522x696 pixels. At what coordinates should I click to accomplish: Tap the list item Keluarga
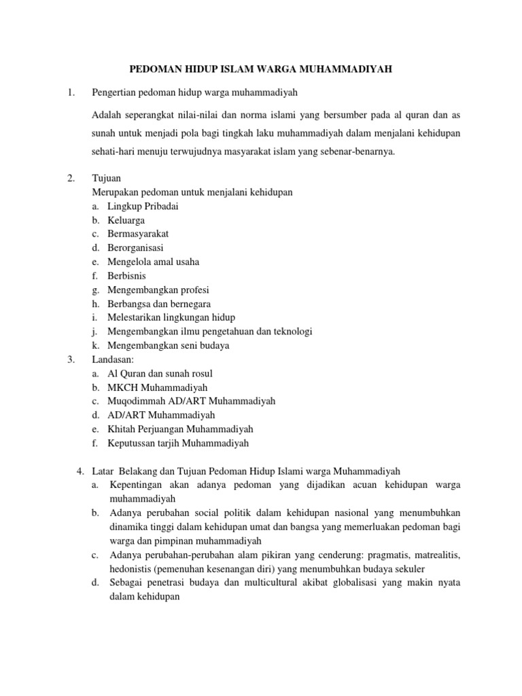(126, 220)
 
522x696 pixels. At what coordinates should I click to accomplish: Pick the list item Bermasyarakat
(138, 234)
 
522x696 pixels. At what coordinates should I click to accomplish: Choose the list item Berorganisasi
(135, 248)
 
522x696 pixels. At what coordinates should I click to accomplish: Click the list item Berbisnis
(126, 276)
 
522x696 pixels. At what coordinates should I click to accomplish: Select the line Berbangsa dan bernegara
(158, 304)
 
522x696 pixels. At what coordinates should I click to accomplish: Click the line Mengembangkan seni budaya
(168, 345)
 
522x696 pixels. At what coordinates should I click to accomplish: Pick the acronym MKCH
(122, 387)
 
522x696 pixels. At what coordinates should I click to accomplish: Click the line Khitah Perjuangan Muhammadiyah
(180, 429)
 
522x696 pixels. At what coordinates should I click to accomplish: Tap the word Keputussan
(133, 443)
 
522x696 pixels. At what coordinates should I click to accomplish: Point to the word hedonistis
(131, 569)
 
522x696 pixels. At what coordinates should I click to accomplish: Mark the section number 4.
(80, 471)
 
